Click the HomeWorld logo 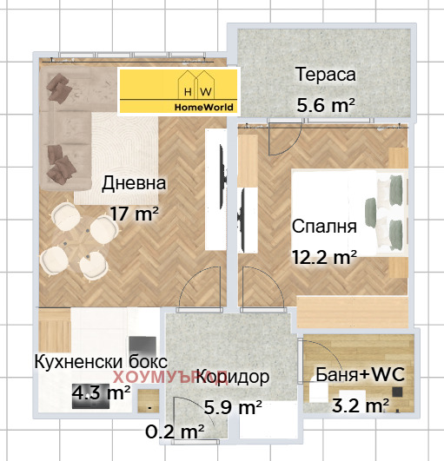click(178, 92)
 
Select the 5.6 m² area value click(326, 105)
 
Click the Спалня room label click(325, 227)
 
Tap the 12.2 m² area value click(325, 257)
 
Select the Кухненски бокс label click(100, 362)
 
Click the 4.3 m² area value click(101, 392)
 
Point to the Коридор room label click(232, 378)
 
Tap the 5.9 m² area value click(232, 406)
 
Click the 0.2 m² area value click(175, 429)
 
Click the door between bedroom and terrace click(284, 138)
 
